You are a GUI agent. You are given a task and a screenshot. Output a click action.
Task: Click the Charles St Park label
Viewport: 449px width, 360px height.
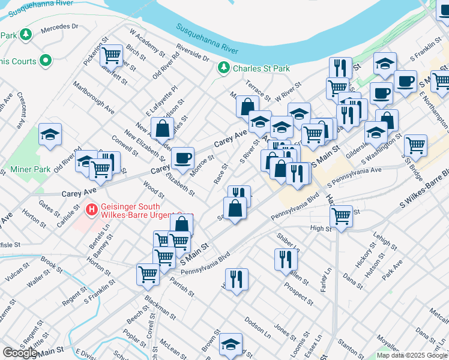[x=261, y=68]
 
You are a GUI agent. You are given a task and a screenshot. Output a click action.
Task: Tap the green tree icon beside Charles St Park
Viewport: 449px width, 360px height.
[x=224, y=68]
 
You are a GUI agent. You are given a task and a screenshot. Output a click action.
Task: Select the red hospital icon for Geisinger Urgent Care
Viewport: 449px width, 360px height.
[x=91, y=209]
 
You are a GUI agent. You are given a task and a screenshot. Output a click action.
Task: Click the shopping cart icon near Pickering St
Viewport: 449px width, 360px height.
[x=112, y=56]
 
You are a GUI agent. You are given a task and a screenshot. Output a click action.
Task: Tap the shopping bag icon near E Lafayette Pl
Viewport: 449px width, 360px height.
[x=163, y=128]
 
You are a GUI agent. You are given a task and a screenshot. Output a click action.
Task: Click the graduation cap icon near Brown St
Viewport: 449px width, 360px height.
[x=230, y=344]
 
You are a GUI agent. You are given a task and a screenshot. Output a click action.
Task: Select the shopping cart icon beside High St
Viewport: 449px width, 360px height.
[x=342, y=215]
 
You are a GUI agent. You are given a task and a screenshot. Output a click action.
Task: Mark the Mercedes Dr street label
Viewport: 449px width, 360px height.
[x=60, y=27]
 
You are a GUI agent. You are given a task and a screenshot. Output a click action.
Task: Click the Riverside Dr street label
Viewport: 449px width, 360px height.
[x=193, y=52]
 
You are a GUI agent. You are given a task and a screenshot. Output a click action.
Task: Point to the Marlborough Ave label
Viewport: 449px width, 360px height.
[x=94, y=98]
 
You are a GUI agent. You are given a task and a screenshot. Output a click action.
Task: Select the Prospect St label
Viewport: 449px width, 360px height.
[x=297, y=290]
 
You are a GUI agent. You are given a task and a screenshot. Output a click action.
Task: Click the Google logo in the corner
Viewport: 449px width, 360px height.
[x=20, y=353]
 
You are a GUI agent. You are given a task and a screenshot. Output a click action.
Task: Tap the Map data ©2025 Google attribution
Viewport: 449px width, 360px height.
[x=412, y=355]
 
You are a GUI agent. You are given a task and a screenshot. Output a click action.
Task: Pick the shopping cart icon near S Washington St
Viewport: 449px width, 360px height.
[x=415, y=145]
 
